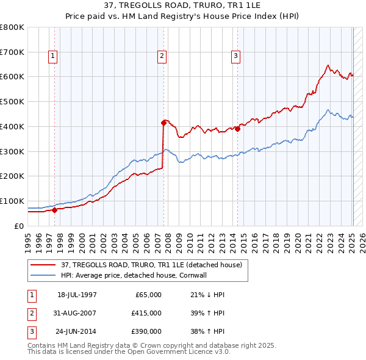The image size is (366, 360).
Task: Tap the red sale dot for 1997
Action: click(x=54, y=210)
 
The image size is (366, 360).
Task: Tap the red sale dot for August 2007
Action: click(x=163, y=123)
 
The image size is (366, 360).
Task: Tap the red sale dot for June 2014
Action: click(x=237, y=129)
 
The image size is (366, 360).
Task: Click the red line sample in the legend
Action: click(x=43, y=264)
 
